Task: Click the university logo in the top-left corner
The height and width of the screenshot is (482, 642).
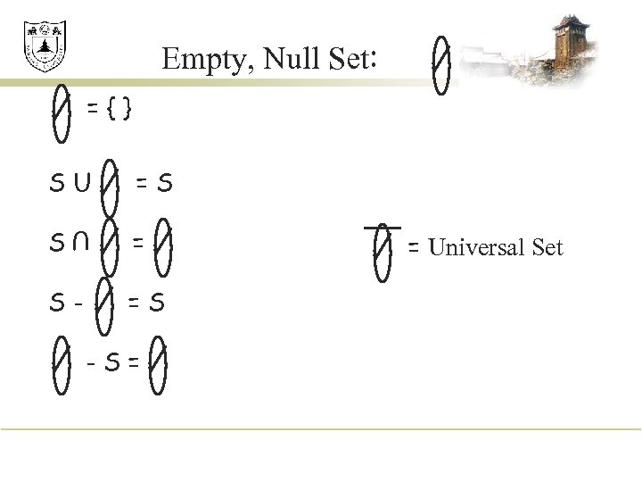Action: tap(45, 47)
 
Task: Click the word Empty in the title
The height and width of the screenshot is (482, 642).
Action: tap(193, 60)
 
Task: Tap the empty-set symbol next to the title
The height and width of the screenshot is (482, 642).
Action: tap(441, 63)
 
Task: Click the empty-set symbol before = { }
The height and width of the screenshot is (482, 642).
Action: tap(61, 111)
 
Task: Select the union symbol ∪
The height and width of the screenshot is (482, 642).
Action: tap(83, 185)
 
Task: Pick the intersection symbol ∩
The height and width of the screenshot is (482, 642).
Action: tap(83, 241)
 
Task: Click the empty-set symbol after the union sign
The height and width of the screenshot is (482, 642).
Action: tap(111, 185)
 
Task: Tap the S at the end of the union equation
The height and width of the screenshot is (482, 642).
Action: tap(165, 185)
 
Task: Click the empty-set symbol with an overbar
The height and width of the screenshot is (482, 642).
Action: tap(382, 251)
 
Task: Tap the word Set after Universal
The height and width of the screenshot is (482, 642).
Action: tap(547, 247)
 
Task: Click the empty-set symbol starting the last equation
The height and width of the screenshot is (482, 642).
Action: tap(61, 363)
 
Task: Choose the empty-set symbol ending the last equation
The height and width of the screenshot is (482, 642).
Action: tap(158, 363)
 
